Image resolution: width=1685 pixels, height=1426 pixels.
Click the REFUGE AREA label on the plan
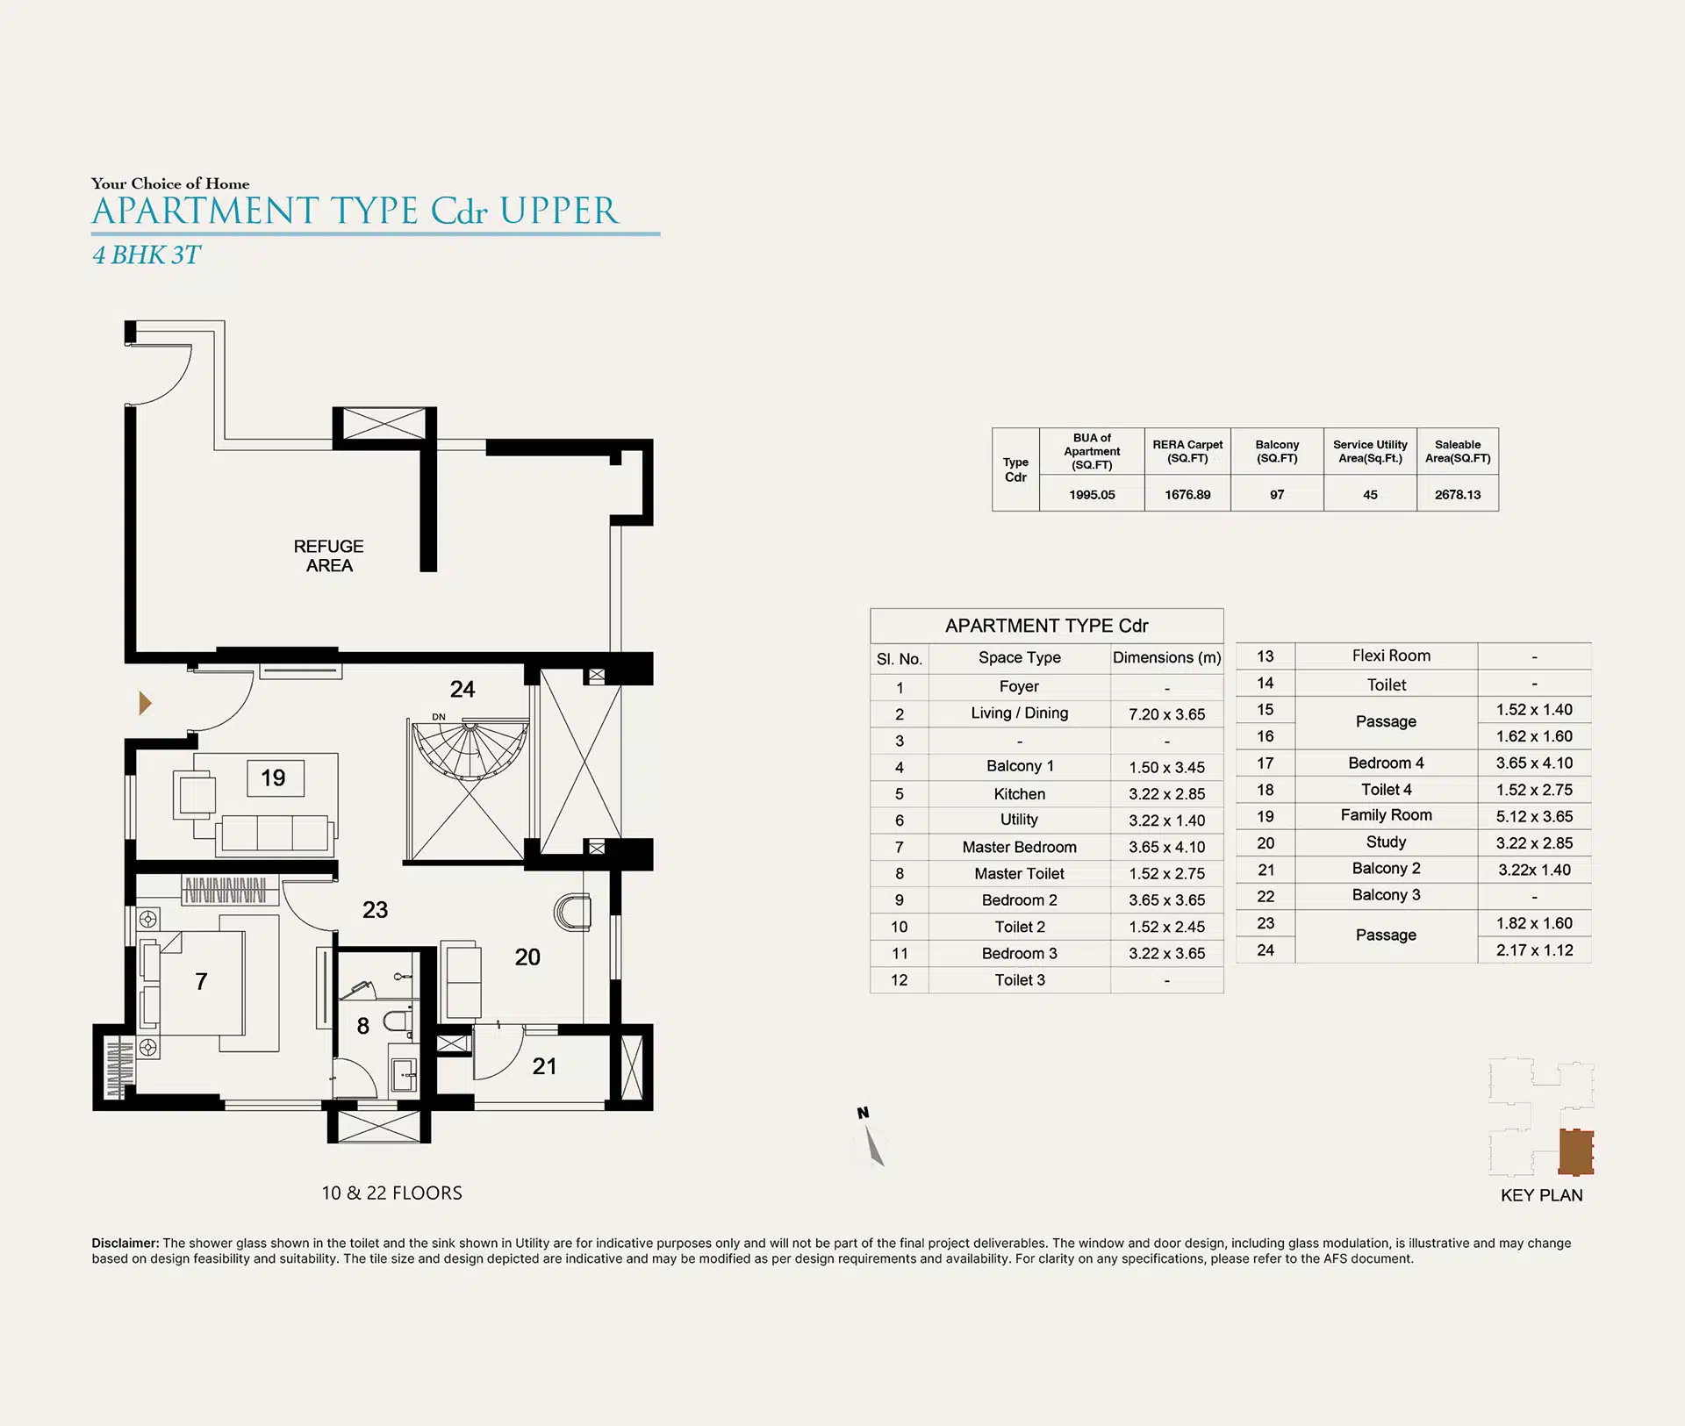pos(328,555)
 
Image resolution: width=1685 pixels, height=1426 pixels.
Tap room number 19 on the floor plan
pos(273,777)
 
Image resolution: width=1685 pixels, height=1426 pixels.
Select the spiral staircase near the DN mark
pos(470,750)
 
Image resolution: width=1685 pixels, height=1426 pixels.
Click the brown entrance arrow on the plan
pos(145,703)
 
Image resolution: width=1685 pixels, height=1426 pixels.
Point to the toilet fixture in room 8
pos(398,1021)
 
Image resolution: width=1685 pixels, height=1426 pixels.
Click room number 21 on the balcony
pos(544,1066)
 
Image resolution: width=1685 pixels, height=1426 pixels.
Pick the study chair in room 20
pos(572,913)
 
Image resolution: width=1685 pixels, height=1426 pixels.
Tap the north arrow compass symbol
pos(871,1138)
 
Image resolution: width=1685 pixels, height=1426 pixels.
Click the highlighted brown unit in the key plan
pos(1576,1151)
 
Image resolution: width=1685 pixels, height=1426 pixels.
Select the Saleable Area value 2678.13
pos(1458,495)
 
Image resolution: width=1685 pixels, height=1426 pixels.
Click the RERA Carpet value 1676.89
pos(1187,495)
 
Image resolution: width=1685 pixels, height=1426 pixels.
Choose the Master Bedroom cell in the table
pos(1019,847)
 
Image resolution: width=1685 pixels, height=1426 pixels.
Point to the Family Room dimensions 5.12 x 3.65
pos(1534,816)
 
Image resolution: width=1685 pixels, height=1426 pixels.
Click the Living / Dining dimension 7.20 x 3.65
pos(1167,714)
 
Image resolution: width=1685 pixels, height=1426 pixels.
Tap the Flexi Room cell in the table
pos(1391,656)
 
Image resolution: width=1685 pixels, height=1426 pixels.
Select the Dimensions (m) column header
pos(1167,657)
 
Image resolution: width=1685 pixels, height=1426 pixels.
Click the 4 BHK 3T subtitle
pos(147,254)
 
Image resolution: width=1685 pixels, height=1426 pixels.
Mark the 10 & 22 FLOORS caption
pos(391,1193)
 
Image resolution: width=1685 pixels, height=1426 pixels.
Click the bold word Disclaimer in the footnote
pos(125,1243)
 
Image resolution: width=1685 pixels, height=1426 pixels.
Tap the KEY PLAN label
pos(1542,1195)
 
